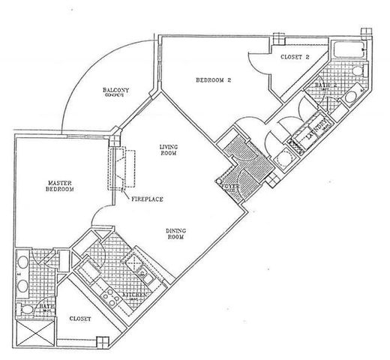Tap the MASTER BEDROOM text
[x=58, y=186]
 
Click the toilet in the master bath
[x=27, y=308]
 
